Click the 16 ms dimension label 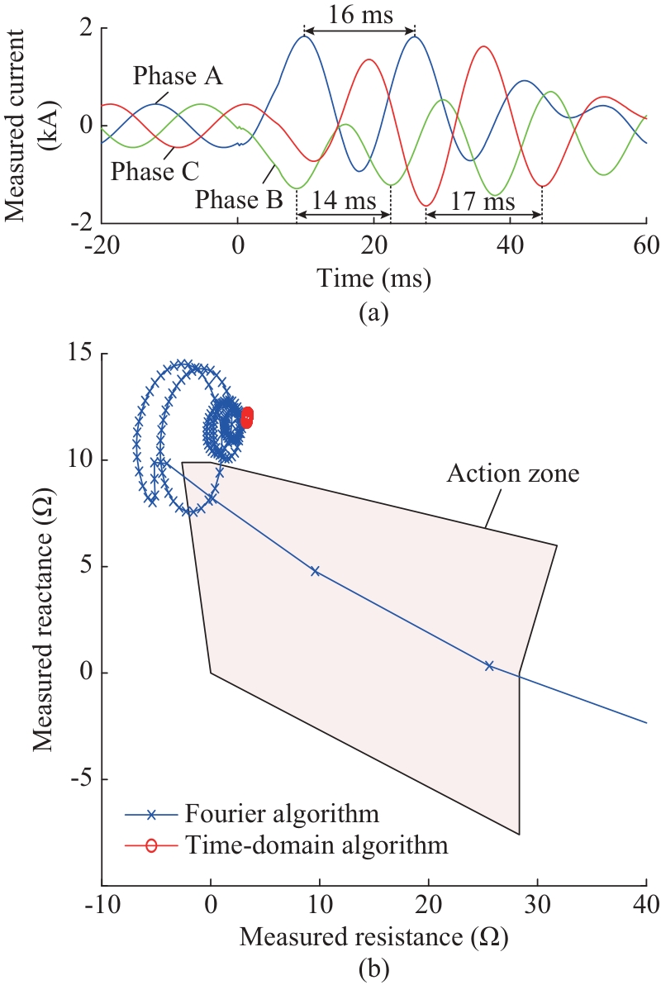[x=359, y=17]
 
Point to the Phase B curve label [x=239, y=199]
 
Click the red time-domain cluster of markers [x=246, y=417]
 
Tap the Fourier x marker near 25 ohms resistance [x=489, y=665]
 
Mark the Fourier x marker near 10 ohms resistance [x=315, y=570]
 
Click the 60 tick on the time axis [x=645, y=245]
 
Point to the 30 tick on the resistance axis [x=537, y=906]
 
